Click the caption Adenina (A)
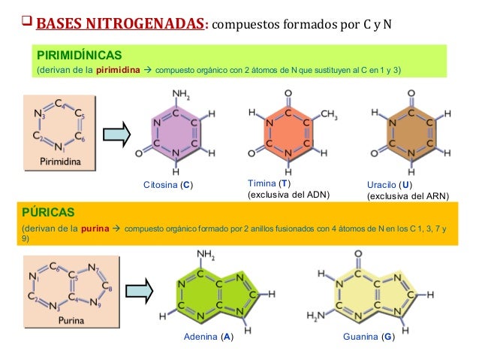[208, 337]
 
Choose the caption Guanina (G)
[369, 337]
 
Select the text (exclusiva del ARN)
[407, 196]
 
